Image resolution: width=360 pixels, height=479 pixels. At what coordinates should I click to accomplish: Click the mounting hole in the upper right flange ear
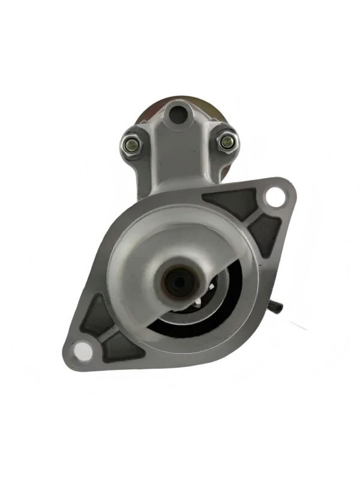(274, 195)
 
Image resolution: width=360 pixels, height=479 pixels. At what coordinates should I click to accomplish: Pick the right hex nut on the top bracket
(226, 141)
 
